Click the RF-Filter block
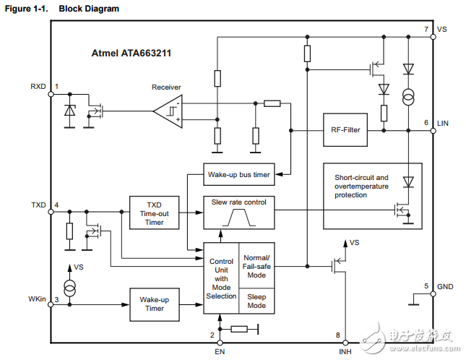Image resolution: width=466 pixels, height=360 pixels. (345, 130)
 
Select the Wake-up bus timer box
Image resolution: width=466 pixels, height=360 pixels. (239, 175)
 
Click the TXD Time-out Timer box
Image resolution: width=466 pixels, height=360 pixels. (154, 213)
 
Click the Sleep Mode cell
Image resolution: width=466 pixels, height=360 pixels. (256, 301)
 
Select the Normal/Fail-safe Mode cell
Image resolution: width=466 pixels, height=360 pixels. (256, 267)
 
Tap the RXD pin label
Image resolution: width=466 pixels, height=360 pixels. (38, 87)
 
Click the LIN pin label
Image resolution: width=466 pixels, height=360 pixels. (443, 124)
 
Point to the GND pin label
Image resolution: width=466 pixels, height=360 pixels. (444, 287)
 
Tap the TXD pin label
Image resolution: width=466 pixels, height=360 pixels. (38, 205)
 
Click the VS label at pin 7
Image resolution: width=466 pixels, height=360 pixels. (442, 30)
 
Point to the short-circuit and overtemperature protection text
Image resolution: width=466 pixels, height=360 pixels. (361, 186)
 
